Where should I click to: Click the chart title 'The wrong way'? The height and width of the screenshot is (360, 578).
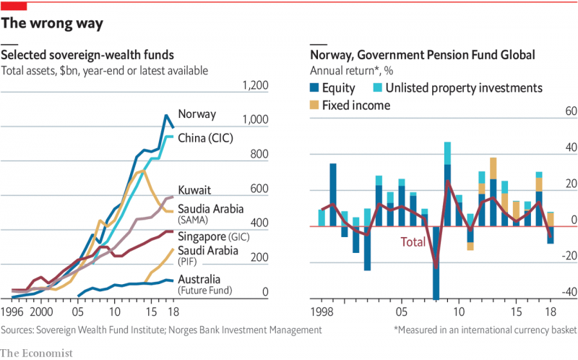(52, 24)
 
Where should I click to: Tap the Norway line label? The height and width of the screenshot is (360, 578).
(197, 113)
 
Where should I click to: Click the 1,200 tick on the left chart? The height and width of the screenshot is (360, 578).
(255, 86)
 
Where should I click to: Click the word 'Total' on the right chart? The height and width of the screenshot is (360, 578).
(413, 243)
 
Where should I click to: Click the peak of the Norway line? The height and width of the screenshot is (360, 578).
(166, 115)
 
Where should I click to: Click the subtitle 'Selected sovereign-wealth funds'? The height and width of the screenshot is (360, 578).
(87, 56)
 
